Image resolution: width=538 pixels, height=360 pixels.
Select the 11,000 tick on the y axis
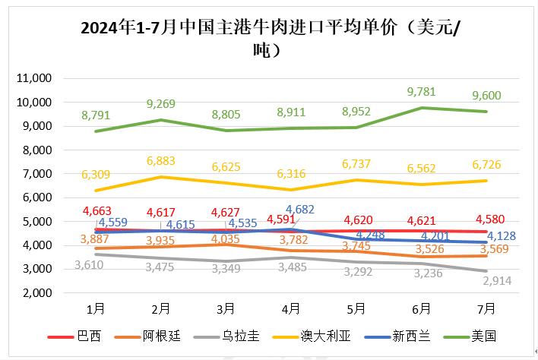click(x=33, y=78)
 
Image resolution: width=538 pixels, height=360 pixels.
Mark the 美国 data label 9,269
click(x=161, y=104)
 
